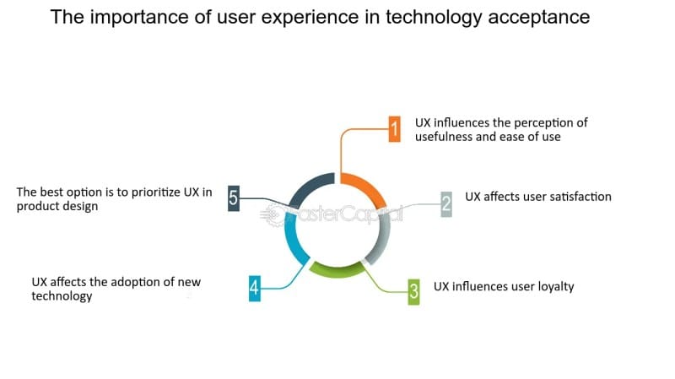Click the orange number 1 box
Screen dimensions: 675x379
click(394, 129)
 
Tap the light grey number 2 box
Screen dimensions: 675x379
click(446, 204)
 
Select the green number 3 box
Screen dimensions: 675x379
click(413, 291)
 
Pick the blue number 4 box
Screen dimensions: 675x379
click(255, 288)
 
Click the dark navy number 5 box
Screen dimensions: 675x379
click(234, 198)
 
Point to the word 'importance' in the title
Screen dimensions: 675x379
click(148, 18)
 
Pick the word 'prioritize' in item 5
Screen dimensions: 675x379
click(156, 192)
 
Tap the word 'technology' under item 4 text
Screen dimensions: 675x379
click(62, 297)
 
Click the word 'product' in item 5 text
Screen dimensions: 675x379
click(35, 207)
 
